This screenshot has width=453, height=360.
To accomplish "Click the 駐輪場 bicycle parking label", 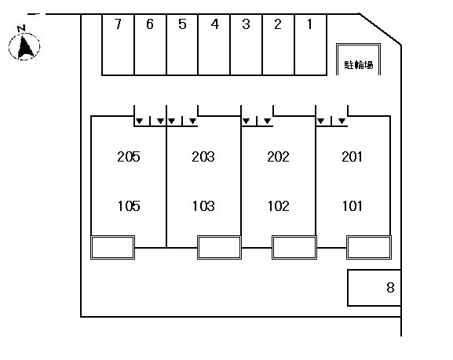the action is [x=359, y=64].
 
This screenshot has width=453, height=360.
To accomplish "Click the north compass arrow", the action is [x=25, y=46].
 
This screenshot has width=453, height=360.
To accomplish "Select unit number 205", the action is [x=129, y=157].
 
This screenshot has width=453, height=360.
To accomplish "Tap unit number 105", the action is [x=129, y=206].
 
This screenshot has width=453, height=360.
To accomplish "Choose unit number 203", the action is [x=203, y=157].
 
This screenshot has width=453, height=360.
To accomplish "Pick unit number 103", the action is [x=203, y=206].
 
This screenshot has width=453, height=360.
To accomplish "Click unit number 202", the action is [x=278, y=157].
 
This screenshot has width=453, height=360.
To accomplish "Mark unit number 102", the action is [x=278, y=206].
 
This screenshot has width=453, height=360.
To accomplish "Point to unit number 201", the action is [x=352, y=157].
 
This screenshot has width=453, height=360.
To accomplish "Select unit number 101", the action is [x=352, y=206].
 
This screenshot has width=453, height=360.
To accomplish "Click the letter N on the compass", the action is [x=21, y=28].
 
